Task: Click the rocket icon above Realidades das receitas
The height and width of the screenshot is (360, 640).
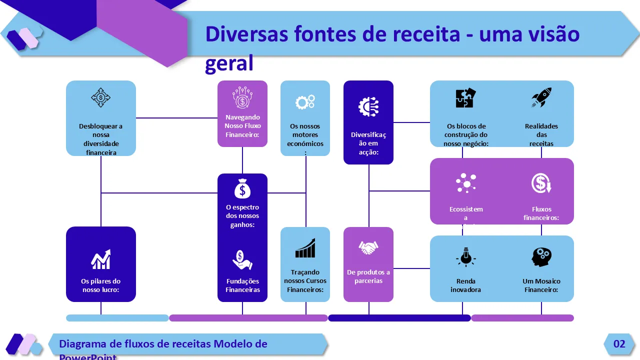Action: coord(541,98)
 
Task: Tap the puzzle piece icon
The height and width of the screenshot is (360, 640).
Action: coord(466,98)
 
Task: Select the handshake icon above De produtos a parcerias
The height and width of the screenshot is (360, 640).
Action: coord(368,247)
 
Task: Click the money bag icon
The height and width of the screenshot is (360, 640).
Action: coord(242,188)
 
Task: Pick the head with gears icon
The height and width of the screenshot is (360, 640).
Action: coord(541,257)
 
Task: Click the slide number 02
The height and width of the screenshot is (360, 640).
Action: coord(619,344)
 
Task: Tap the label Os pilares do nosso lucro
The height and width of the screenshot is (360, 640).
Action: coord(101,285)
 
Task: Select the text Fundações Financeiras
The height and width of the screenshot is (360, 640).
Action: coord(242,285)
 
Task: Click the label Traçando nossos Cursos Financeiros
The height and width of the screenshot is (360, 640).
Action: coord(305,281)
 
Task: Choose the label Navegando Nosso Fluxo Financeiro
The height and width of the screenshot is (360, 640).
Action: coord(242,126)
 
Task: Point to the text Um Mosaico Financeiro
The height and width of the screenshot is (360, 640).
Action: coord(541,285)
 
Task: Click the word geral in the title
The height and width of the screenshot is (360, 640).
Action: coord(229,64)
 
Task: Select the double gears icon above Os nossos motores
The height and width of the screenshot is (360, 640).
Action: coord(305,102)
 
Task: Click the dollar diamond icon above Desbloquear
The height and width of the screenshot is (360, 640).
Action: coord(101,97)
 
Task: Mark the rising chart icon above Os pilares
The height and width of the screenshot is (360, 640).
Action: coord(101,259)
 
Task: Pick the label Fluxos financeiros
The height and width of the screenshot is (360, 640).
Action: coord(541,213)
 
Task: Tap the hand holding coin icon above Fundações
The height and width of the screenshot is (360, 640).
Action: coord(242,259)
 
